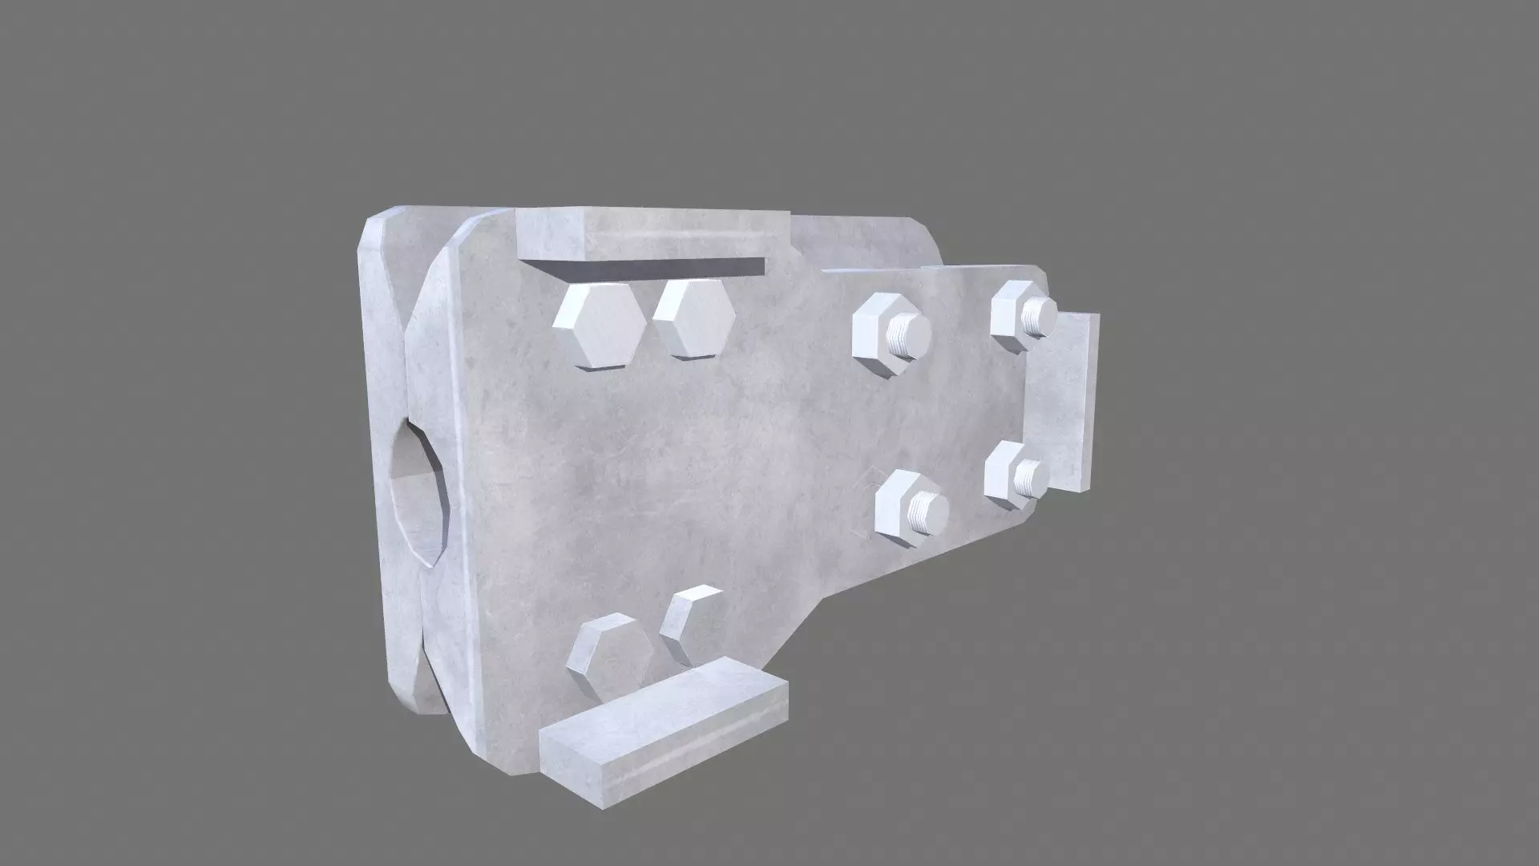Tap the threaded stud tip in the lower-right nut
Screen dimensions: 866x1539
(1031, 478)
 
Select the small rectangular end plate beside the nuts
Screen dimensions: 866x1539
(1064, 401)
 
